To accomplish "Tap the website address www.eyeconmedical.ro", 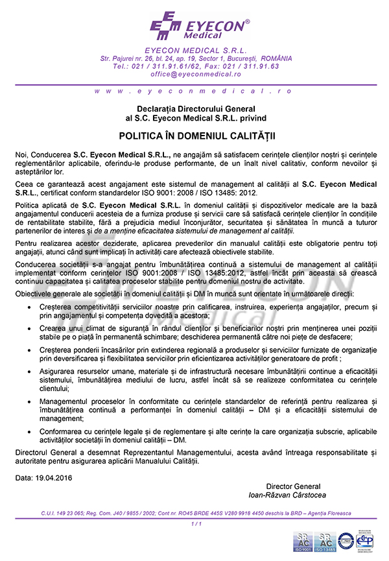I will click(194, 91).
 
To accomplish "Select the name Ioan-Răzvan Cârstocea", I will click(287, 495).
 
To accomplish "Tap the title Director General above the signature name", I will click(292, 486).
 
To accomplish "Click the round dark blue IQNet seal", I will click(346, 540).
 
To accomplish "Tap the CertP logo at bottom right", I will click(367, 540).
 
